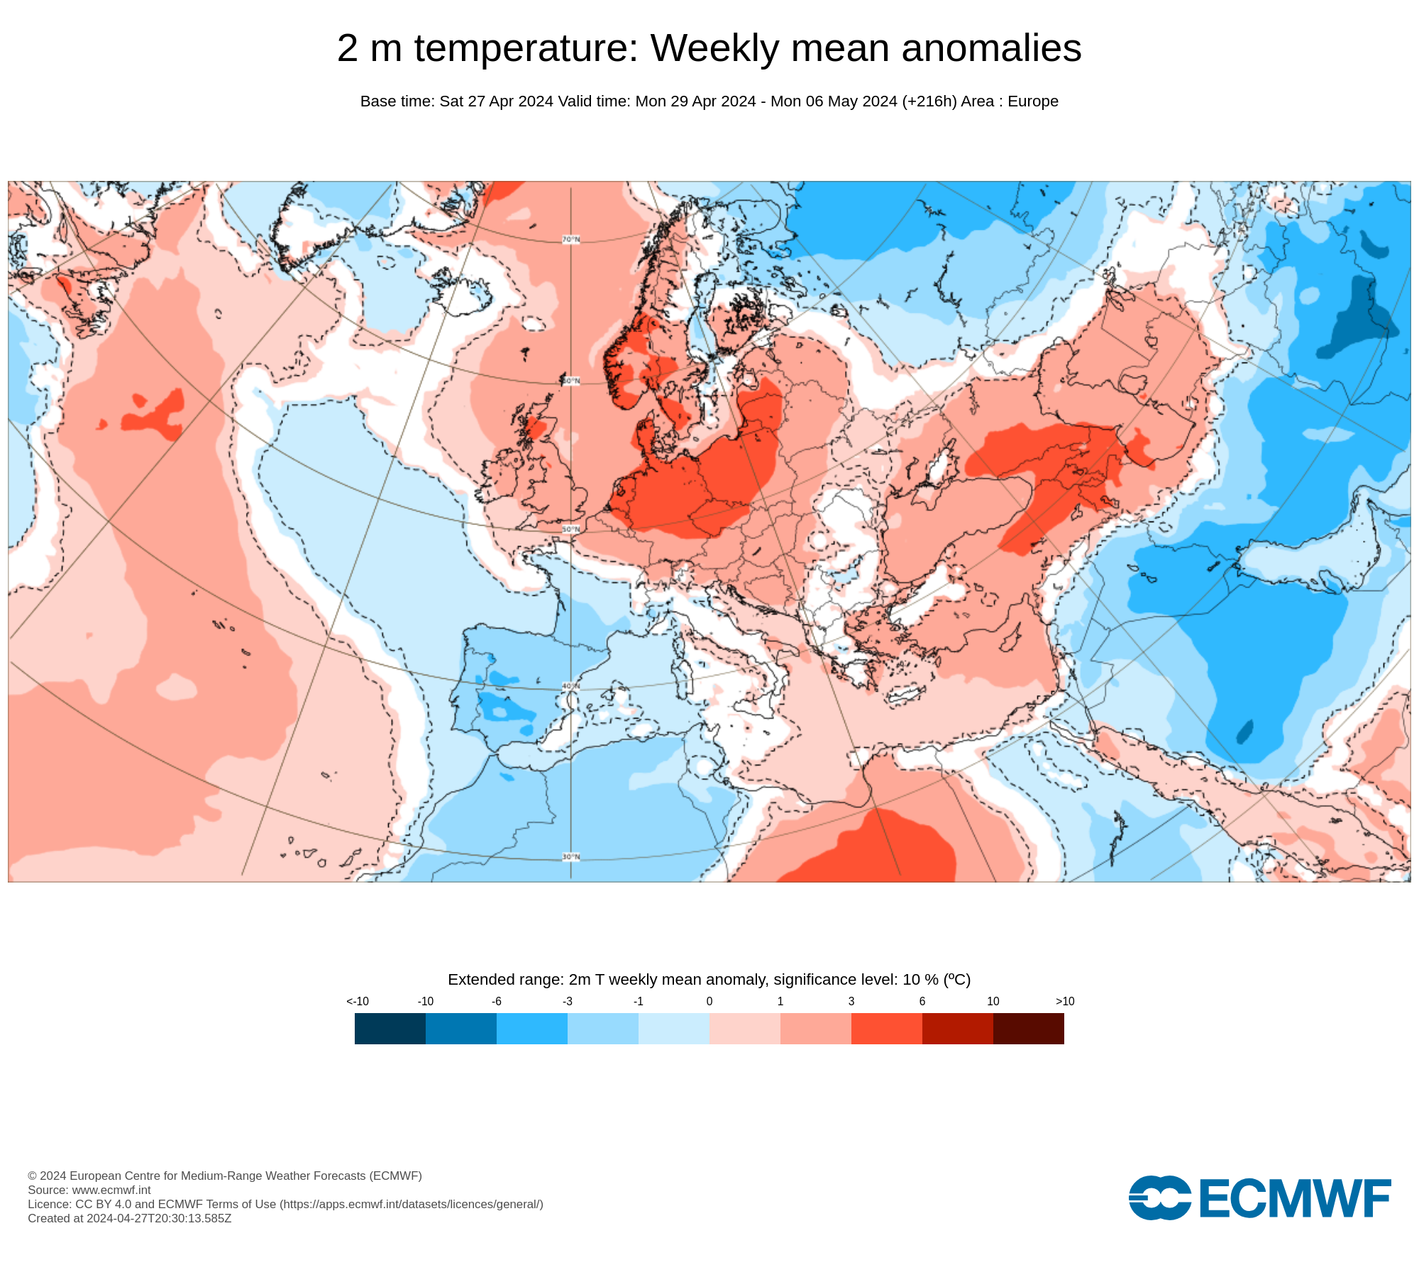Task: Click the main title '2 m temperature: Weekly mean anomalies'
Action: pos(709,48)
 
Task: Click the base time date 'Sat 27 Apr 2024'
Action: pos(496,101)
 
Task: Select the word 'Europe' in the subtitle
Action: pos(1032,101)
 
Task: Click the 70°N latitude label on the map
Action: pos(571,240)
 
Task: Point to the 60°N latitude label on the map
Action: pos(571,382)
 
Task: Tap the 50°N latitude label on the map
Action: pos(571,530)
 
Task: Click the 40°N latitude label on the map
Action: pos(571,687)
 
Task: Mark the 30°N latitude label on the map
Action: pos(571,857)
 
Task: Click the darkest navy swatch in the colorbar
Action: pos(390,1029)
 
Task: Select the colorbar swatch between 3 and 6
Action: pos(887,1029)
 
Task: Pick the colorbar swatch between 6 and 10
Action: pos(958,1029)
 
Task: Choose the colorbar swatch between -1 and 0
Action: pos(674,1029)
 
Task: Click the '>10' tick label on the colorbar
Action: pos(1065,1002)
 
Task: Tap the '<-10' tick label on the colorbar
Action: pos(358,1002)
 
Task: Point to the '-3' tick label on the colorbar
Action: pos(568,1002)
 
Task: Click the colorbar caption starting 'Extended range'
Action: pos(709,980)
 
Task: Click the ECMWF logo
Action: pos(1259,1198)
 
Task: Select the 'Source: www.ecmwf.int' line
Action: pos(89,1190)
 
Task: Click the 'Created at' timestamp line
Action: pos(130,1218)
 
